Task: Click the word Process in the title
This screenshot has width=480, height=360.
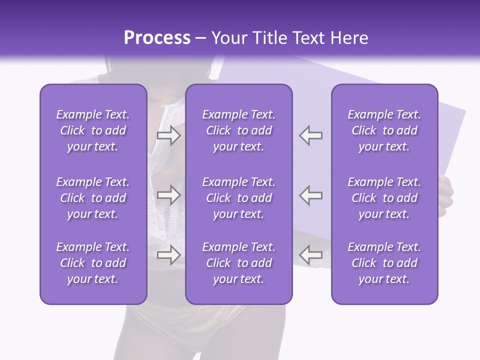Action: pos(157,38)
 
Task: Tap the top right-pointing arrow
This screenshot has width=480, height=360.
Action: pos(168,135)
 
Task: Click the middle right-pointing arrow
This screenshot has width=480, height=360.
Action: pos(168,195)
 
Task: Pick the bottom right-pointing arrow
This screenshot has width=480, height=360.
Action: pos(168,255)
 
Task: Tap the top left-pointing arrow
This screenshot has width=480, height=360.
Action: pos(310,135)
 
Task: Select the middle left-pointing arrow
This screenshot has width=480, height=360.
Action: pos(310,195)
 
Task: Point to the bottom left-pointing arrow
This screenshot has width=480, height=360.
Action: pos(310,255)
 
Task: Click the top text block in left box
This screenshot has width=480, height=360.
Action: pos(93,130)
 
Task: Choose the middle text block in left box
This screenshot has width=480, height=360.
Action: pos(93,198)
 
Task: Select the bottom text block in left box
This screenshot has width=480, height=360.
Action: pos(93,263)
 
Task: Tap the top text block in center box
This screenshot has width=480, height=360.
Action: pos(238,130)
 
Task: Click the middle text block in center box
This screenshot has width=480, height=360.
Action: pos(238,198)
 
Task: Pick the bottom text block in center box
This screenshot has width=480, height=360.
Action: pos(238,263)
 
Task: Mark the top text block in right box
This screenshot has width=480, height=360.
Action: pos(384,130)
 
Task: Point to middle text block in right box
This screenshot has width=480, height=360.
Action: pos(384,198)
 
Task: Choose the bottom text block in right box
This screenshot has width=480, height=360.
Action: pos(384,263)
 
